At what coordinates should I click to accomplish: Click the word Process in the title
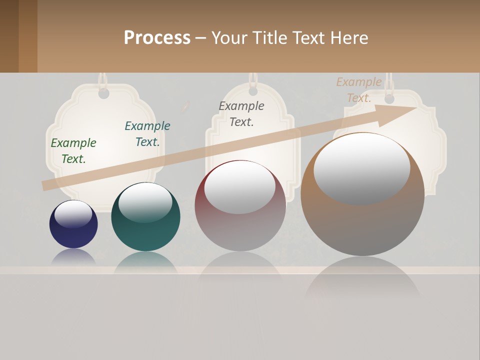pos(157,38)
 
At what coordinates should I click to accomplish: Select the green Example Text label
pos(73,151)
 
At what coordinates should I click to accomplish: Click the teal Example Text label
pos(147,134)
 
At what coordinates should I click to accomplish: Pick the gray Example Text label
pos(241,114)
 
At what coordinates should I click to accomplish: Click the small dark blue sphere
pos(73,232)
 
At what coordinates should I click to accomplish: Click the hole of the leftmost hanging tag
pos(103,93)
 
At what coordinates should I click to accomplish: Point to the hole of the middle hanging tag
pos(253,91)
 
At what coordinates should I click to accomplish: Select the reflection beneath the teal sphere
pos(145,262)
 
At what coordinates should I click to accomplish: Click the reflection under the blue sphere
pos(73,257)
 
